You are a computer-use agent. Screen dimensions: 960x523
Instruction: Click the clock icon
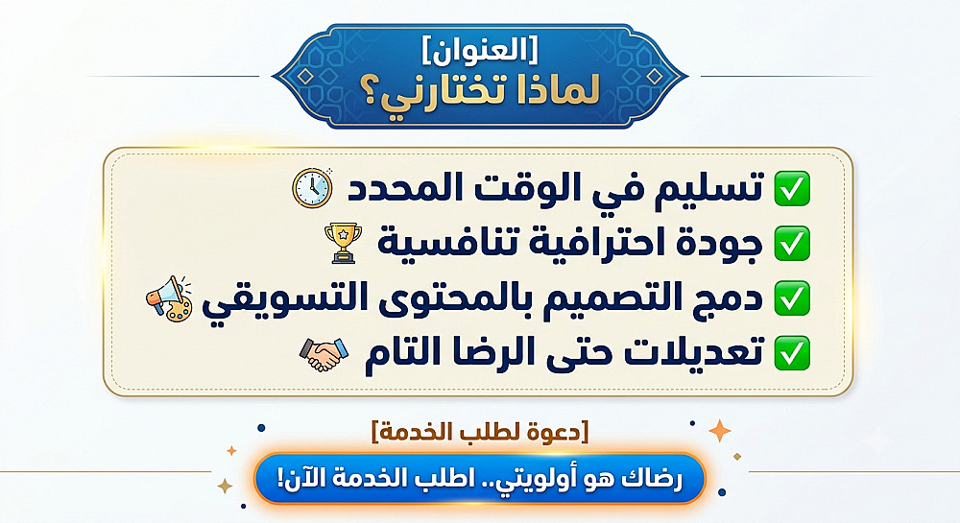312,188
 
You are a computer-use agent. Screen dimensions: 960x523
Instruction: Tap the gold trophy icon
343,243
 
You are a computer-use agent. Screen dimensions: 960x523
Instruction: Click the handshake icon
324,354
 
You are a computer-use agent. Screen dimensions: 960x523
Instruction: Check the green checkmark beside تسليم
792,188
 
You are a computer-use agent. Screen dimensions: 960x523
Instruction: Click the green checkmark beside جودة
792,243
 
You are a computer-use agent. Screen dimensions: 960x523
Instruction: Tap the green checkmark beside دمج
792,297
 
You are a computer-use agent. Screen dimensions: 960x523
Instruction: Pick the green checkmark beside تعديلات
792,353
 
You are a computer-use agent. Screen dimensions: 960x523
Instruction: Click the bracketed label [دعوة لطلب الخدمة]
479,432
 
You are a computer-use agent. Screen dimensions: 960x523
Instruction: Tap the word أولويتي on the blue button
527,478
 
